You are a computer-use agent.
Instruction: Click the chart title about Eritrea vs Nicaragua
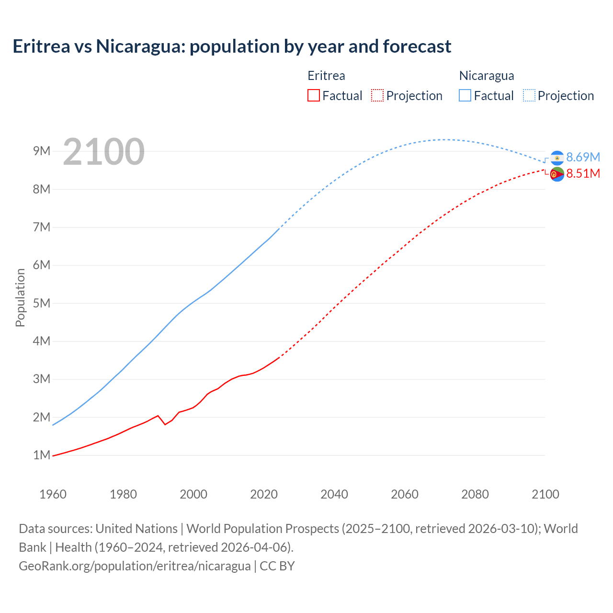pos(232,46)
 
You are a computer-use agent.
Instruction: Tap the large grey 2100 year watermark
pos(103,152)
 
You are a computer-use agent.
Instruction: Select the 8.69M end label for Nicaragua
pos(583,157)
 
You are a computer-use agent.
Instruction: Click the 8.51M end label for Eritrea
pos(583,173)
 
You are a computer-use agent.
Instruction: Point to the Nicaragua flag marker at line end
pos(557,158)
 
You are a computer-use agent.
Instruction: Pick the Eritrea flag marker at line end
pos(557,174)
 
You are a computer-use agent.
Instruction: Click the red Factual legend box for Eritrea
pos(314,95)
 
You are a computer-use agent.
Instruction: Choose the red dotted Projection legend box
pos(377,95)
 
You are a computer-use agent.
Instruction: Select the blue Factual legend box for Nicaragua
pos(465,95)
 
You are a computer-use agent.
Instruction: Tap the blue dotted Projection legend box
pos(529,95)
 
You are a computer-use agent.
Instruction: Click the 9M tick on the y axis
pos(42,151)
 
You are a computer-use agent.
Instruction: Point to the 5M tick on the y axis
pos(42,303)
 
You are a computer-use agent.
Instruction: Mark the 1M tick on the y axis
pos(42,455)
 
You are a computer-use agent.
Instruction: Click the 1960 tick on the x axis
pos(53,494)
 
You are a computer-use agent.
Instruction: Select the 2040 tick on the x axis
pos(334,494)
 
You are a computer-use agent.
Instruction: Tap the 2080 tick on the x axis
pos(475,494)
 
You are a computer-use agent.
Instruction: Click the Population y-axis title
pos(20,297)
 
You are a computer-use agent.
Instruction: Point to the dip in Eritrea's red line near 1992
pos(165,424)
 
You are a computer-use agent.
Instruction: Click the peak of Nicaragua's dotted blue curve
pos(445,139)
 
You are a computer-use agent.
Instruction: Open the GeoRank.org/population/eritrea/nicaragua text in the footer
pos(135,566)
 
